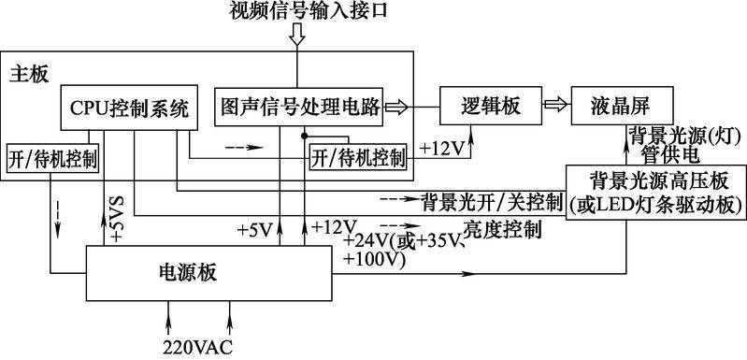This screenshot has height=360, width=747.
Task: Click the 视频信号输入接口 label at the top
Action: (297, 11)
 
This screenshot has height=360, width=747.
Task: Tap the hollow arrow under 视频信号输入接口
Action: (297, 36)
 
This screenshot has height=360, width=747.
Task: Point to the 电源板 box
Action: (208, 274)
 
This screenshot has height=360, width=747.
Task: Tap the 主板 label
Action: (30, 72)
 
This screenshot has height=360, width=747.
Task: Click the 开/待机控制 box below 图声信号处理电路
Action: (359, 158)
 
